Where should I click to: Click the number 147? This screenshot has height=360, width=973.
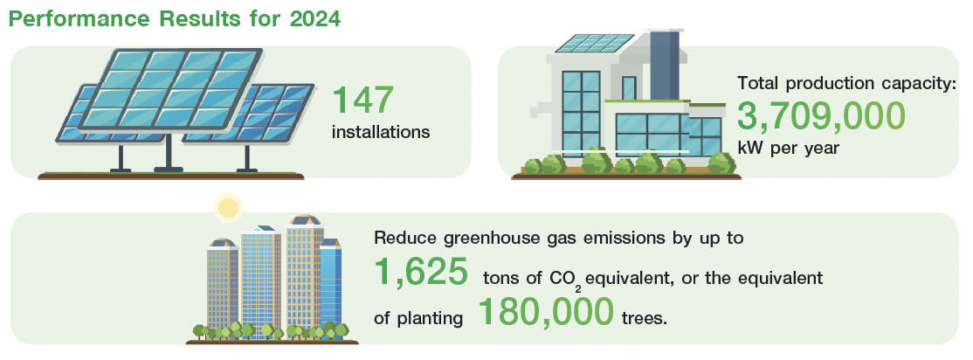pos(363,100)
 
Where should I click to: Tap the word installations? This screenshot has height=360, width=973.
pos(381,132)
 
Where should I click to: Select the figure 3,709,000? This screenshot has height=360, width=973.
pos(821,116)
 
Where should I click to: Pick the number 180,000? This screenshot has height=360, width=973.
pos(546,312)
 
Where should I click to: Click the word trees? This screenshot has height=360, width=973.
pos(644,318)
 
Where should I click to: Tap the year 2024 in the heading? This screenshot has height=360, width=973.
pos(316,18)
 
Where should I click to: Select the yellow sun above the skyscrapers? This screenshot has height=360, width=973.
pos(228,208)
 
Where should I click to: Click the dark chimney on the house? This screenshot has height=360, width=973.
pos(664,63)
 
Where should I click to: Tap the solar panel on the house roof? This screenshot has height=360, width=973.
pos(595,44)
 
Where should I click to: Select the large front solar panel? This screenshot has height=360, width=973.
pos(170,87)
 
